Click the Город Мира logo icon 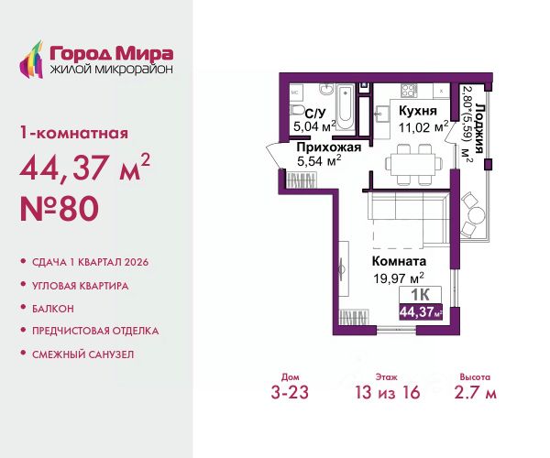coord(31,60)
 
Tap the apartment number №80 coord(60,209)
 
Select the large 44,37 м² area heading coord(85,167)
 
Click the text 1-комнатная coord(74,134)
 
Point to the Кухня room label coord(418,111)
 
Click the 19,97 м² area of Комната coord(399,278)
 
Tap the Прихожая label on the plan coord(329,147)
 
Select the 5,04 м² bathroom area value coord(314,126)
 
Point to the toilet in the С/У coord(298,110)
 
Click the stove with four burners coord(408,91)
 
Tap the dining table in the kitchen coord(413,164)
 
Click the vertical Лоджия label coord(479,128)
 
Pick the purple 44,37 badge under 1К coord(421,311)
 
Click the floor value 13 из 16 coord(388,392)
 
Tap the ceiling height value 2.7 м coord(475,392)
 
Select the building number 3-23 coord(290,392)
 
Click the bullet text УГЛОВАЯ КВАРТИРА coord(81,286)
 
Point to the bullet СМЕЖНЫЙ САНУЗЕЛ coord(83,354)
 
